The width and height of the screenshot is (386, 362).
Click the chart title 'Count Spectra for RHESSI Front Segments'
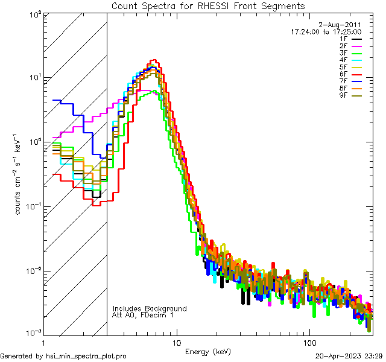(208, 6)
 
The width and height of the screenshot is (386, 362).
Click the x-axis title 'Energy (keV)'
(207, 351)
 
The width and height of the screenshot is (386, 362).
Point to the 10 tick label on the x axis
(176, 342)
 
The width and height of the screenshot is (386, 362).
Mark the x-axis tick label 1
(43, 342)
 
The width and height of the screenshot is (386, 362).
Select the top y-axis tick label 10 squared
(34, 13)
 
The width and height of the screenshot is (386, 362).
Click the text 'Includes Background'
(150, 308)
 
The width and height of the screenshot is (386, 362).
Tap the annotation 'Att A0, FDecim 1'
(143, 315)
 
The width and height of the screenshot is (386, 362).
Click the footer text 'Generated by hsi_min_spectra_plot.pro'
(63, 356)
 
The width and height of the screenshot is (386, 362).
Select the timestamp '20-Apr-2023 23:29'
(349, 356)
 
